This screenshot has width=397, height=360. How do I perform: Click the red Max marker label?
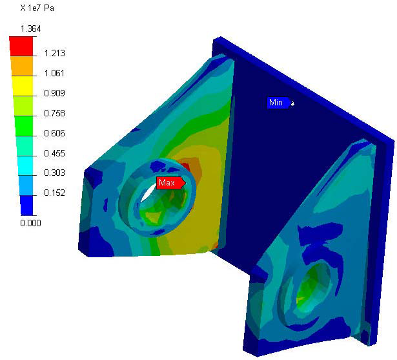point(171,183)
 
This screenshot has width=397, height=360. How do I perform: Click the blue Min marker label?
point(278,103)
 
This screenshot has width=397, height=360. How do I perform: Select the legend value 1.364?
point(30,28)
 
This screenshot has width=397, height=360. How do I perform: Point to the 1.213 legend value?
point(54,53)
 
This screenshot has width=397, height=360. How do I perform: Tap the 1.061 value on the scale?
point(54,73)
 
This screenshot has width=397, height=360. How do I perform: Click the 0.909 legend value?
point(54,93)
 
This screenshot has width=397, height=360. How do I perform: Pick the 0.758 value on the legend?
point(54,113)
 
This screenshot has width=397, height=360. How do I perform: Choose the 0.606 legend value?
point(54,133)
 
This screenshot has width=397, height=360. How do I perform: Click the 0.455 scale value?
point(54,153)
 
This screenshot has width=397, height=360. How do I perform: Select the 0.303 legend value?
point(54,173)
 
